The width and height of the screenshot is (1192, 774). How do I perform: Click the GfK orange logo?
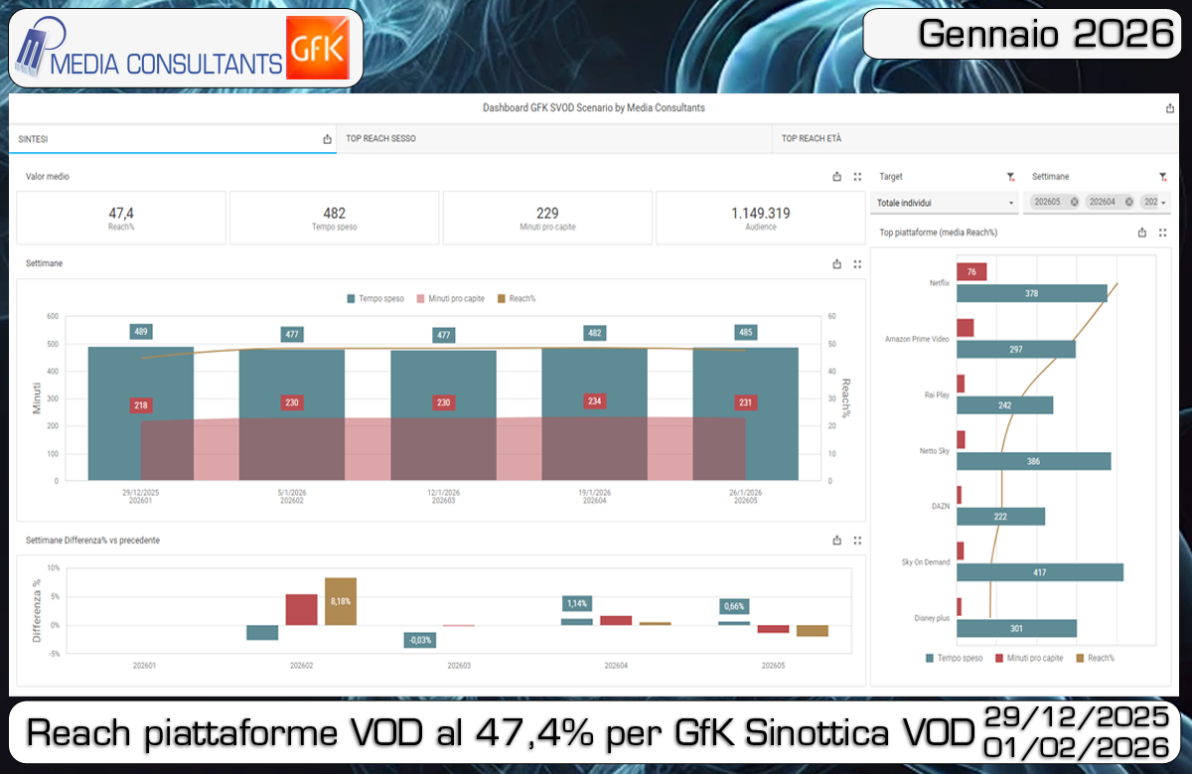(315, 47)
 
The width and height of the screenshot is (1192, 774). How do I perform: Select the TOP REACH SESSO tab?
(380, 139)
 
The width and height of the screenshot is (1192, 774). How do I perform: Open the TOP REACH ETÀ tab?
(811, 139)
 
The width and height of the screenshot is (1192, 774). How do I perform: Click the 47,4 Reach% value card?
(121, 218)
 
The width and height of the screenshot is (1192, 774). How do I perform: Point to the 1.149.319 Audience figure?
(760, 214)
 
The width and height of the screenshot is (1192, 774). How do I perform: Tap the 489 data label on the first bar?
(141, 332)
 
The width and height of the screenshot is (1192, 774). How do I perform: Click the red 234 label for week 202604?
(594, 401)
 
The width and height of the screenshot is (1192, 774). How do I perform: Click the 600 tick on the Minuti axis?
(53, 317)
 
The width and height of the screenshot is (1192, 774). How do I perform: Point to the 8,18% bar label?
(341, 601)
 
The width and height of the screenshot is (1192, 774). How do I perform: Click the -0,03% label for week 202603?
(419, 640)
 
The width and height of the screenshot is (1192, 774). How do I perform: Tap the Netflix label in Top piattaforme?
(939, 282)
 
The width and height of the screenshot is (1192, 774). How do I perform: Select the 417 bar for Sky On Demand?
(1039, 572)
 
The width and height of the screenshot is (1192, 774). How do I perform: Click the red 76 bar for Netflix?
(971, 272)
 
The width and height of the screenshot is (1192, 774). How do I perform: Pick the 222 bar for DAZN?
(1000, 517)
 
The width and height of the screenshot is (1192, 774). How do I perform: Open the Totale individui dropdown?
(944, 203)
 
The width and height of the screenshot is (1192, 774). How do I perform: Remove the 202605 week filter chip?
(1074, 202)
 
